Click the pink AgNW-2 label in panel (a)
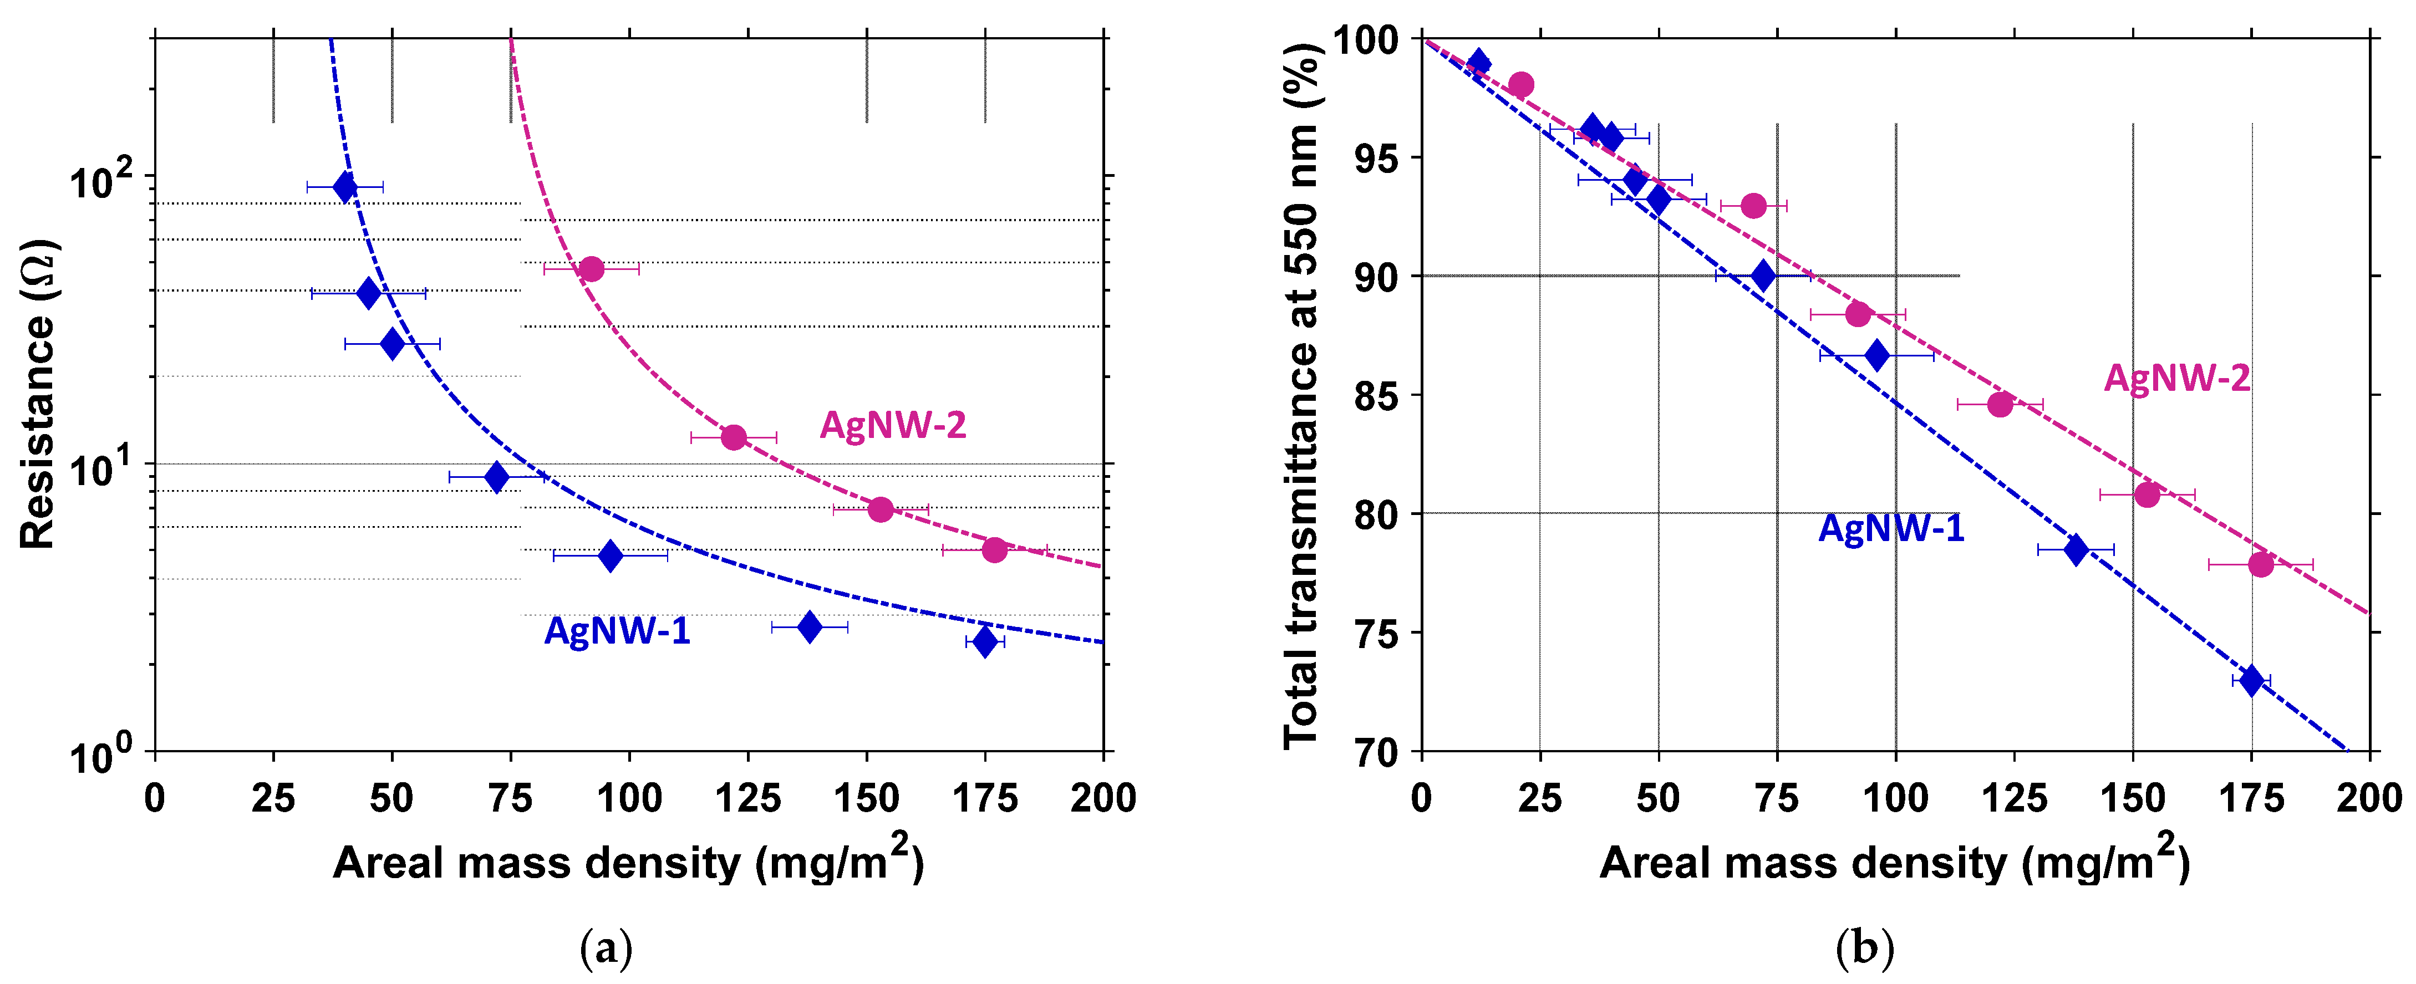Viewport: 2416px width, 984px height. click(x=892, y=426)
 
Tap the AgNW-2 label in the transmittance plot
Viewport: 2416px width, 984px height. click(x=2176, y=378)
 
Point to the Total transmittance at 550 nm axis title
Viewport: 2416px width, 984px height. click(x=1302, y=394)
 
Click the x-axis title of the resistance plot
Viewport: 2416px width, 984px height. click(x=628, y=861)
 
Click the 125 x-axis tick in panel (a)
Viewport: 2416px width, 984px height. click(x=747, y=798)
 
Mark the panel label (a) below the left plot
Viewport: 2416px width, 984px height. click(x=607, y=949)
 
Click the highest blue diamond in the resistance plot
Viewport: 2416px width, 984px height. click(x=345, y=187)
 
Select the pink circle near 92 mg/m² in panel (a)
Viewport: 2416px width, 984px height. click(x=591, y=269)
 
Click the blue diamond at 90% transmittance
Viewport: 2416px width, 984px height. click(x=1763, y=276)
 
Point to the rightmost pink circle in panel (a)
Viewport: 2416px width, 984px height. click(x=994, y=550)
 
